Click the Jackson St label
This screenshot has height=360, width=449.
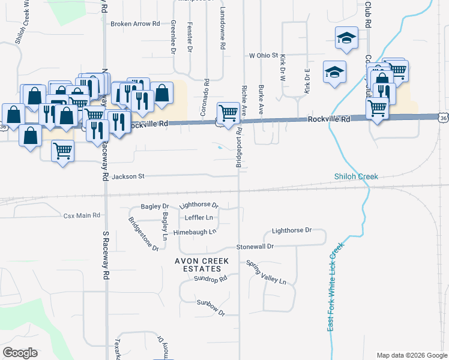tap(129, 176)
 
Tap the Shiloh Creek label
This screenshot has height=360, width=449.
tap(356, 176)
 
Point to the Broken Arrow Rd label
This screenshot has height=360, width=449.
tap(135, 24)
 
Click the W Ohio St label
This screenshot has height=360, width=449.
tap(265, 56)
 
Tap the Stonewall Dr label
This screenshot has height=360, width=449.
tap(255, 247)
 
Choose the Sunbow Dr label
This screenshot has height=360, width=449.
tap(210, 313)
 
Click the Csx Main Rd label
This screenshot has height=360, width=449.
tap(81, 215)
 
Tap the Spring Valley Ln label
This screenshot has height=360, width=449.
tap(267, 272)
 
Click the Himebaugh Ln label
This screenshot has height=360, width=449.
tap(194, 232)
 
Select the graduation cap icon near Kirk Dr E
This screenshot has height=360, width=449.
tap(334, 72)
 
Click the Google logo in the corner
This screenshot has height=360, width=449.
tap(20, 353)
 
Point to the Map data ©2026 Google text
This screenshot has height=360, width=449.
tap(411, 355)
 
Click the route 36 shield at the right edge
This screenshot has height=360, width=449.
tap(443, 118)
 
